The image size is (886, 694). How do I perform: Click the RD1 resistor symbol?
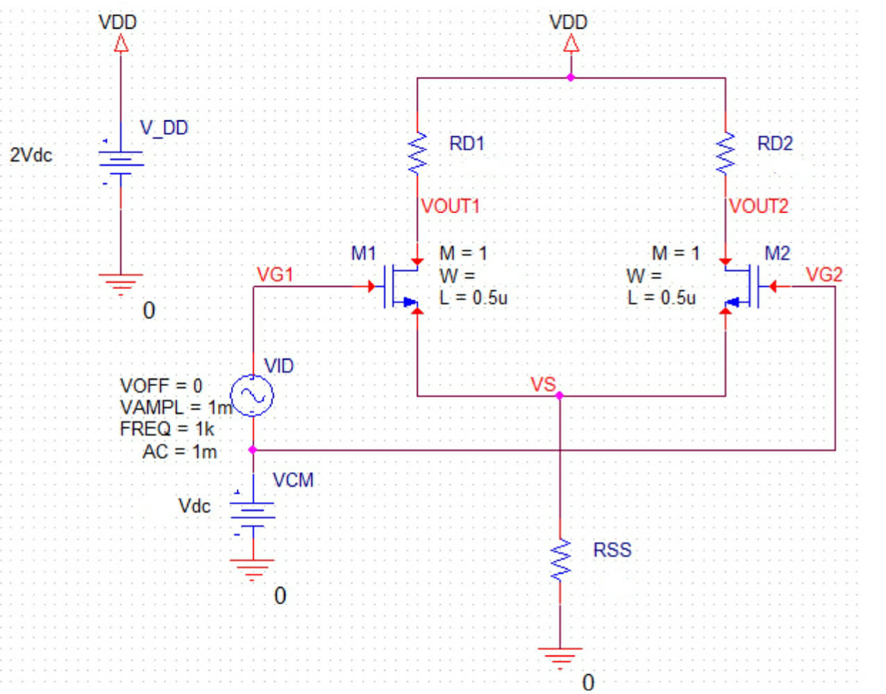coord(417,153)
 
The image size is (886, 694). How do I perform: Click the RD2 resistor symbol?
coord(726,153)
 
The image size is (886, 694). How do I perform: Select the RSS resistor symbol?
coord(560,560)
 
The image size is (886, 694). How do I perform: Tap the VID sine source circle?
coord(252,396)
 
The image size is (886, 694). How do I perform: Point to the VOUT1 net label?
coord(451,206)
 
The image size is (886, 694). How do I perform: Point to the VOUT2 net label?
coord(759,206)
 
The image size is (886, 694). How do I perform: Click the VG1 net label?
coord(275,275)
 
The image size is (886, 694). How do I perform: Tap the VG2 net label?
coord(824,275)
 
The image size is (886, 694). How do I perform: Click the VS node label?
coord(542,384)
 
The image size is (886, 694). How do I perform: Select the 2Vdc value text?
coord(31,155)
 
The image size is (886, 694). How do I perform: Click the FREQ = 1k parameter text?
coord(167,429)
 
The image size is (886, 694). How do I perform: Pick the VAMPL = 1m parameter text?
coord(176,407)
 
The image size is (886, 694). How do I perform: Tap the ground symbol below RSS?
coord(560,655)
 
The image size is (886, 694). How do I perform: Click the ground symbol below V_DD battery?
coord(121,282)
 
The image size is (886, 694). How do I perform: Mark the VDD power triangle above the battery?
coord(121,44)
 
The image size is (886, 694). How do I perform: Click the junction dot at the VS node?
coord(560,396)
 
